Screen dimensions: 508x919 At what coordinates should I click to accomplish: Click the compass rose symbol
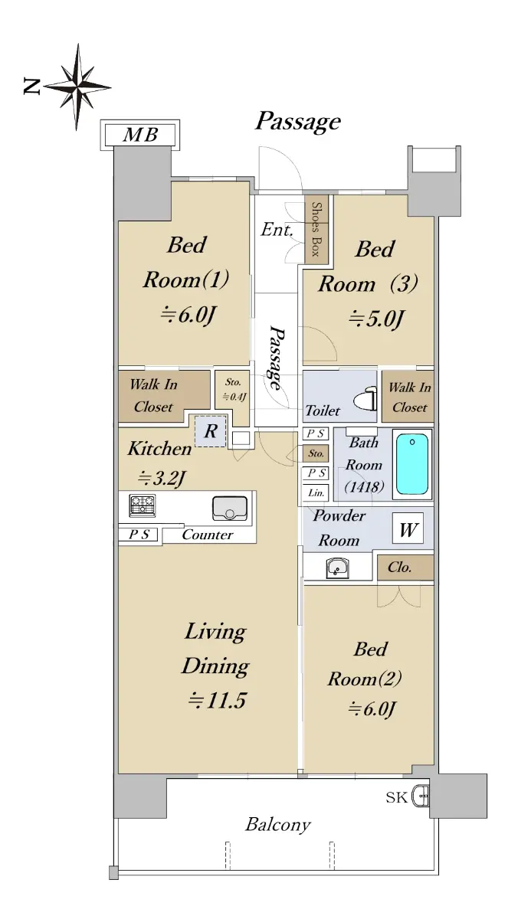click(x=77, y=87)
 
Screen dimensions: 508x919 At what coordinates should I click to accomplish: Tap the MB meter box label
click(x=140, y=135)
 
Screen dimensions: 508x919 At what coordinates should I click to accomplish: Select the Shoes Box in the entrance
click(x=316, y=229)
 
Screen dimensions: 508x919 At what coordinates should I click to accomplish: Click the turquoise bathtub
click(x=412, y=464)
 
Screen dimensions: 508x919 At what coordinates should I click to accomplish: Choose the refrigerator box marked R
click(x=211, y=431)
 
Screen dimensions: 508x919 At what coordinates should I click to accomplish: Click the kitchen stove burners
click(x=143, y=505)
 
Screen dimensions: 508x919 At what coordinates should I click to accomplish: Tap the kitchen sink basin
click(x=230, y=509)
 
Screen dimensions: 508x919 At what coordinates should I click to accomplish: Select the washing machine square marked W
click(x=408, y=528)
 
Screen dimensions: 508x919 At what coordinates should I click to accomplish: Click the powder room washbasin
click(x=337, y=567)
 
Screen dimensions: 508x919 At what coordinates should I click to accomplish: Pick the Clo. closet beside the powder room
click(x=405, y=567)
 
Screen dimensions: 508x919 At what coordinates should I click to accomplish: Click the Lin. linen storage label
click(x=316, y=492)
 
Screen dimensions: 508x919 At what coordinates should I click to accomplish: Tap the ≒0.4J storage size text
click(x=234, y=397)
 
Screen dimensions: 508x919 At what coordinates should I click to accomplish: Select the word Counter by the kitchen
click(x=207, y=535)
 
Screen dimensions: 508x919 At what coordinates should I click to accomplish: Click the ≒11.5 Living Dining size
click(x=217, y=700)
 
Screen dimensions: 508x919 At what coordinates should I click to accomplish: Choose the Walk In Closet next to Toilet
click(x=408, y=397)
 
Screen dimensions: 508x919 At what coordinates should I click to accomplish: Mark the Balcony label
click(x=278, y=825)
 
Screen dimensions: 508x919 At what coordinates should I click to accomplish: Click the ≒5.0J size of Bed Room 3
click(x=377, y=319)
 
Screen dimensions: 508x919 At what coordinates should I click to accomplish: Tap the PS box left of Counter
click(x=138, y=535)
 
